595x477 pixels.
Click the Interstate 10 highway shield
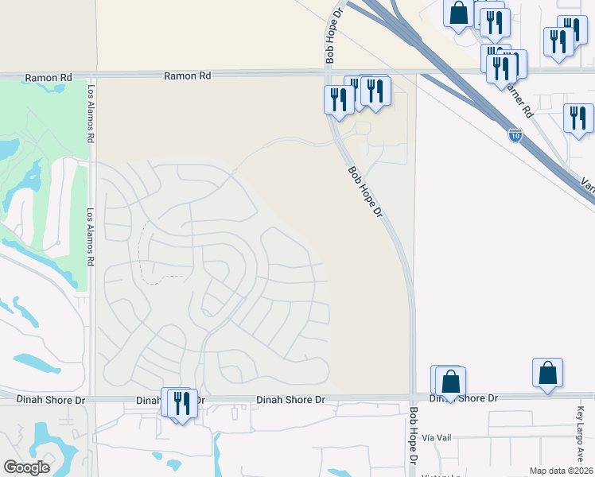tap(515, 135)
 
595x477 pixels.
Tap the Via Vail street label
tap(437, 438)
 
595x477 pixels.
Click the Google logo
tap(26, 467)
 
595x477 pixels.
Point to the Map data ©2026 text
tap(561, 471)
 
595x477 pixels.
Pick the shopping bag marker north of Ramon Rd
tap(458, 14)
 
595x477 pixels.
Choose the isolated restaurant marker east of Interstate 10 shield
tap(578, 118)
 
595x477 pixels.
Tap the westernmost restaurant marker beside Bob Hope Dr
tap(339, 100)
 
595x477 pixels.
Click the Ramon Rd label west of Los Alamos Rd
tap(49, 78)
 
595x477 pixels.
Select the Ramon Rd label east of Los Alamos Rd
tap(188, 76)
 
